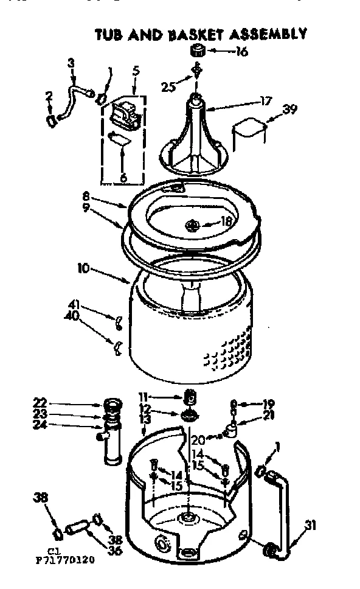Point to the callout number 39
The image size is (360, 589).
point(291,110)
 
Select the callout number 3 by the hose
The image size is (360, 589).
point(71,62)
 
